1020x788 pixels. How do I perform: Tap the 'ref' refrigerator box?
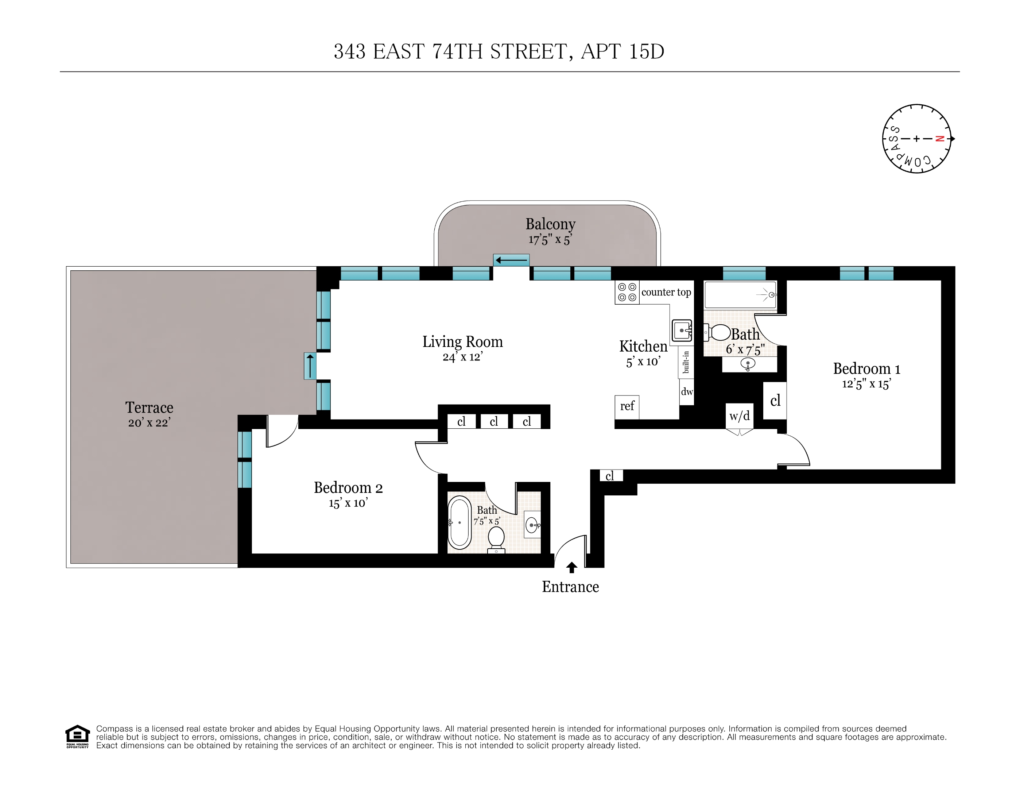pyautogui.click(x=627, y=406)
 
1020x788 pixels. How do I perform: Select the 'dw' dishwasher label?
pyautogui.click(x=687, y=391)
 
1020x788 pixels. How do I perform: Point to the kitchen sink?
pyautogui.click(x=682, y=330)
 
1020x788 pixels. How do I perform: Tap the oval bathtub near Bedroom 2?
pyautogui.click(x=459, y=522)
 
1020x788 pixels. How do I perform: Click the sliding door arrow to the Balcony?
pyautogui.click(x=511, y=260)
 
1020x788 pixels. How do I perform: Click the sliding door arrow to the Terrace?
pyautogui.click(x=310, y=366)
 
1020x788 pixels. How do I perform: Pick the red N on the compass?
pyautogui.click(x=940, y=139)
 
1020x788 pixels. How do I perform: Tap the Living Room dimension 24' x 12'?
pyautogui.click(x=462, y=357)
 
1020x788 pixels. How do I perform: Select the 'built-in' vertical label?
pyautogui.click(x=686, y=362)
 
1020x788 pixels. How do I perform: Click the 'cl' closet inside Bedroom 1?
pyautogui.click(x=775, y=400)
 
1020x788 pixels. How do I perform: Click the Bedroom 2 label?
pyautogui.click(x=348, y=488)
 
